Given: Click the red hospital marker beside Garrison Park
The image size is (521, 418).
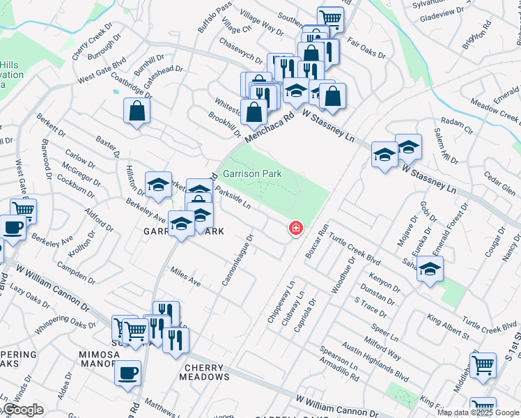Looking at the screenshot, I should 296,228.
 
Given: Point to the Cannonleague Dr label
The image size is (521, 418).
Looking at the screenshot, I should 241,259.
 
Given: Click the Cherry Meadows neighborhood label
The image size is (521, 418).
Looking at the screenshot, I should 207,371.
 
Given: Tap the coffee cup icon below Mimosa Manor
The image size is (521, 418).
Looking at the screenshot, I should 127,373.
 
